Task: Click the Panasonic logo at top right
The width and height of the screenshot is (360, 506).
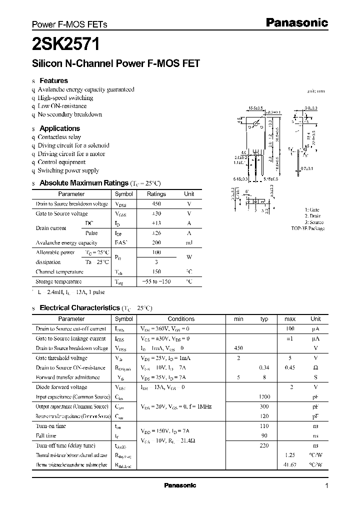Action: click(x=296, y=22)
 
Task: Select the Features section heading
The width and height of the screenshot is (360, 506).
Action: click(x=53, y=80)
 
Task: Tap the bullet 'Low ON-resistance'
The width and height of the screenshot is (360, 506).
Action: click(x=62, y=106)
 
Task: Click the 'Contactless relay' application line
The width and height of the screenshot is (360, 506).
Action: click(x=59, y=137)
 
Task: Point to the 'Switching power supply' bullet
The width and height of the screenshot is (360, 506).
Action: click(x=68, y=170)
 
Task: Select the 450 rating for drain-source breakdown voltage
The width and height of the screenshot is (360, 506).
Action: click(x=156, y=204)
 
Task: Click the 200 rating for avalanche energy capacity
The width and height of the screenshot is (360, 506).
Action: click(x=156, y=242)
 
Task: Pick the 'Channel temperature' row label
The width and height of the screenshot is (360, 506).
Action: click(x=59, y=272)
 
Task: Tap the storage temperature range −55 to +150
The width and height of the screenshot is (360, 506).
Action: click(x=156, y=281)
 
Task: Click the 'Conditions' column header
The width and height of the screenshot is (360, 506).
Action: click(x=181, y=319)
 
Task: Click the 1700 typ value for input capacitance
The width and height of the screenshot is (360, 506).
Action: click(x=264, y=397)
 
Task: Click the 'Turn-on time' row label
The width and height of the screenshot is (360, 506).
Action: click(x=50, y=426)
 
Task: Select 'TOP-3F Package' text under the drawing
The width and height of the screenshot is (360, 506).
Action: click(x=308, y=228)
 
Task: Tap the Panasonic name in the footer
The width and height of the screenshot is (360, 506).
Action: click(x=180, y=485)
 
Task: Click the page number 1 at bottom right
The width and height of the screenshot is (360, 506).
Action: click(x=326, y=486)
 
